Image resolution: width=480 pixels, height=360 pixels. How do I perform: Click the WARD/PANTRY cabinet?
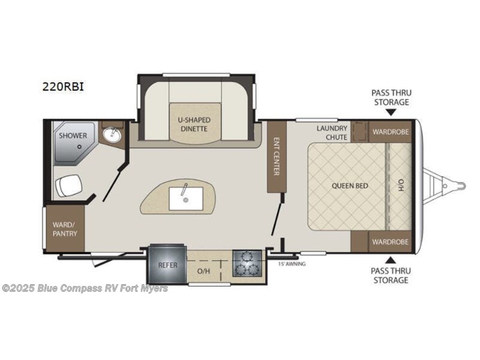[x=65, y=228]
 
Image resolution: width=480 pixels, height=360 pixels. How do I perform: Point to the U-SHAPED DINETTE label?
[x=194, y=124]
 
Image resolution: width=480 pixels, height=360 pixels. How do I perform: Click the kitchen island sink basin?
[x=185, y=198]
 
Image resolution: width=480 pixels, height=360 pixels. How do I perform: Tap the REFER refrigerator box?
[x=165, y=264]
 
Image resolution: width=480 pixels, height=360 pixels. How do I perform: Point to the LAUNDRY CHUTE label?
[x=332, y=132]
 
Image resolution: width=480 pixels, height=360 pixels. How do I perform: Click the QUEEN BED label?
[x=349, y=186]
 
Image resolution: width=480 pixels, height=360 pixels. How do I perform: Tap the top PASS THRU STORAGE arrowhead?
[x=391, y=113]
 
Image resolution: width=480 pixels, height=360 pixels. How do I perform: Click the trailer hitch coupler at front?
[x=461, y=186]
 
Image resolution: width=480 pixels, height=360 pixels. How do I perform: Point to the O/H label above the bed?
[x=400, y=186]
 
